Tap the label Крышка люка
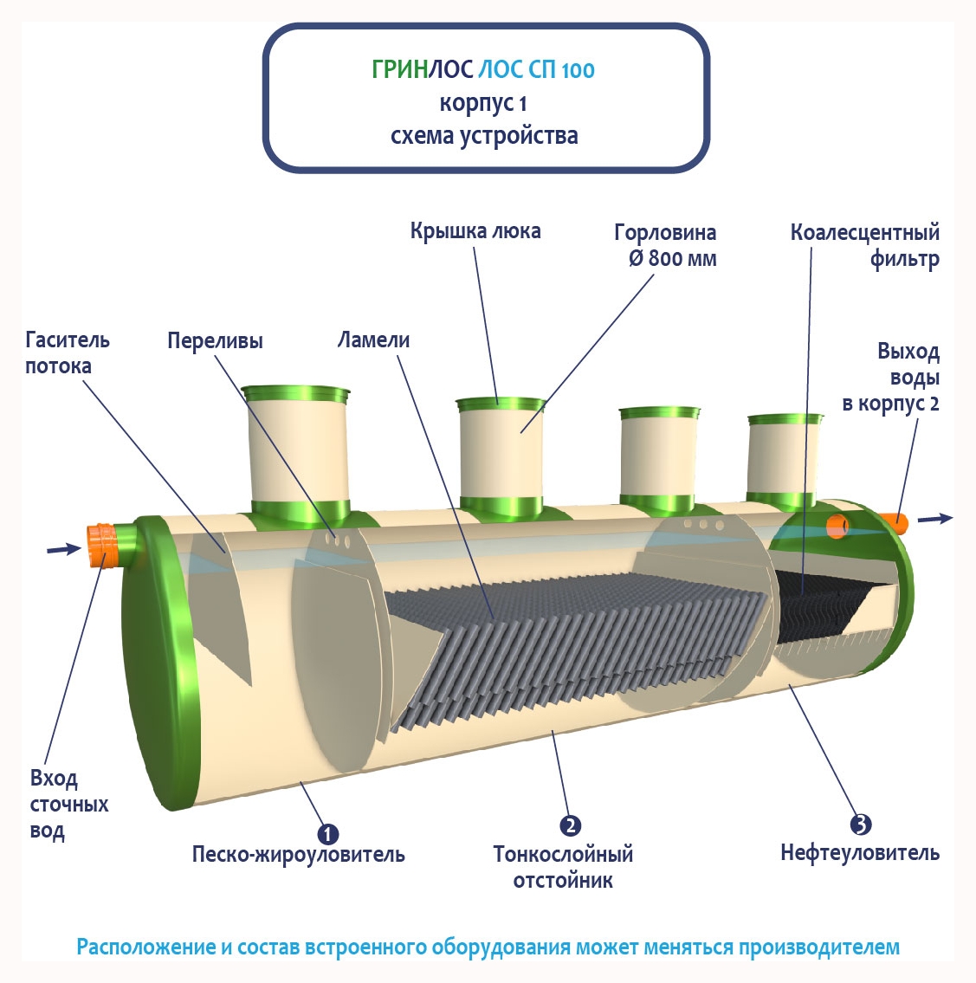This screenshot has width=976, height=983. [475, 231]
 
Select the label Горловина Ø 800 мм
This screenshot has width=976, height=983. [665, 245]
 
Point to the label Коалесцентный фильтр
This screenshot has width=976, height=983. [865, 245]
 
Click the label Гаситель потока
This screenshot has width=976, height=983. [67, 352]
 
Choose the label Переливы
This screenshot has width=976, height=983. [215, 340]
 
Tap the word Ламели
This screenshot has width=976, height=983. [373, 340]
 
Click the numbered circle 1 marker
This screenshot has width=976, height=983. [327, 833]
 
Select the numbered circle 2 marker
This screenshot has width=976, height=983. [570, 825]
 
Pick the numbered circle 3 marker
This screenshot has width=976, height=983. [860, 825]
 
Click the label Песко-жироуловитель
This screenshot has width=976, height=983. [298, 855]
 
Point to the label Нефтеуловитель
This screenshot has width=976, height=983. [859, 853]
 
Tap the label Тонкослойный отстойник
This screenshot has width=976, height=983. [563, 867]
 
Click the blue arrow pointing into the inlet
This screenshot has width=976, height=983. [63, 548]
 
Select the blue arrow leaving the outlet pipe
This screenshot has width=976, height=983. [935, 518]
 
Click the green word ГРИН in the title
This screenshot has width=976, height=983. [399, 69]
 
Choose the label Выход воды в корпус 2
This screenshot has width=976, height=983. [892, 378]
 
